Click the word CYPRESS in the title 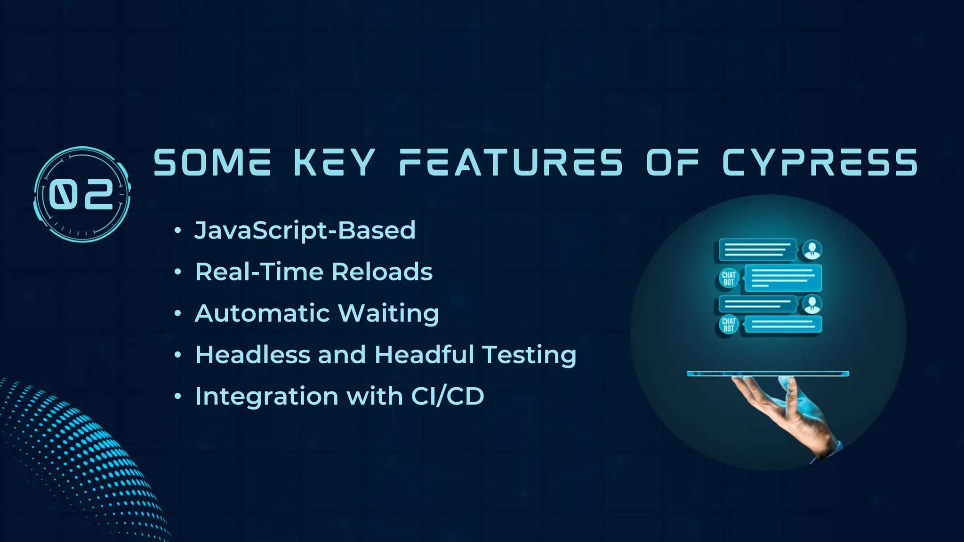pos(819,162)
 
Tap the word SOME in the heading pos(212,162)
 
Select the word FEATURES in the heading pos(511,162)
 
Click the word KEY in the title pos(335,162)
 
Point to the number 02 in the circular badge pos(82,194)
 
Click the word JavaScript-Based pos(305,231)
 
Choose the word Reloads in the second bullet pos(382,272)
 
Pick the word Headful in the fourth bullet pos(424,354)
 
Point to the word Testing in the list pos(529,355)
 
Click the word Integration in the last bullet pos(266,397)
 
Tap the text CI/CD pos(448,396)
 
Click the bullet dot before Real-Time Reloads pos(177,272)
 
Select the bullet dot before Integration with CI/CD pos(177,396)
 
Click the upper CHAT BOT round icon pos(729,279)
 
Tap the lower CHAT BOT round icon pos(729,325)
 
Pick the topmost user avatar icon pos(812,249)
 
